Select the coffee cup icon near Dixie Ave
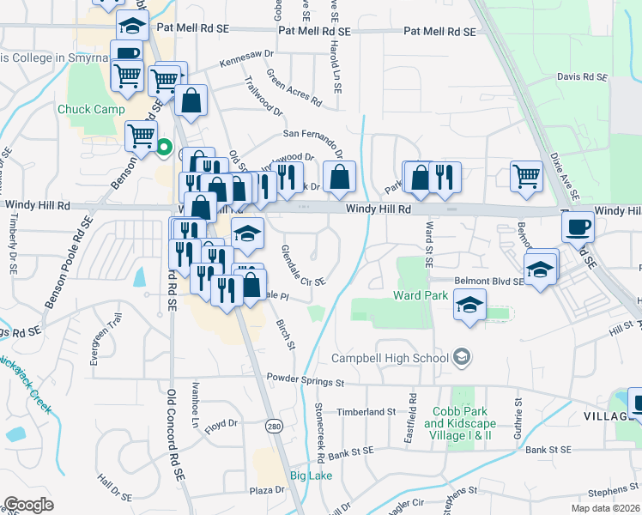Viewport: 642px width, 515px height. [x=578, y=227]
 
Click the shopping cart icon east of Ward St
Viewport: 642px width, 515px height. [x=526, y=177]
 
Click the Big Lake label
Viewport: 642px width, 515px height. [x=310, y=476]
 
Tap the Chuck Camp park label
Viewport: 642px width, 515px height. [x=91, y=110]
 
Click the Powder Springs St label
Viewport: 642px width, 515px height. [x=305, y=379]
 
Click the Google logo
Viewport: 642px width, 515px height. [x=29, y=504]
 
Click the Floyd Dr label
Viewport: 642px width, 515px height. [x=221, y=424]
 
